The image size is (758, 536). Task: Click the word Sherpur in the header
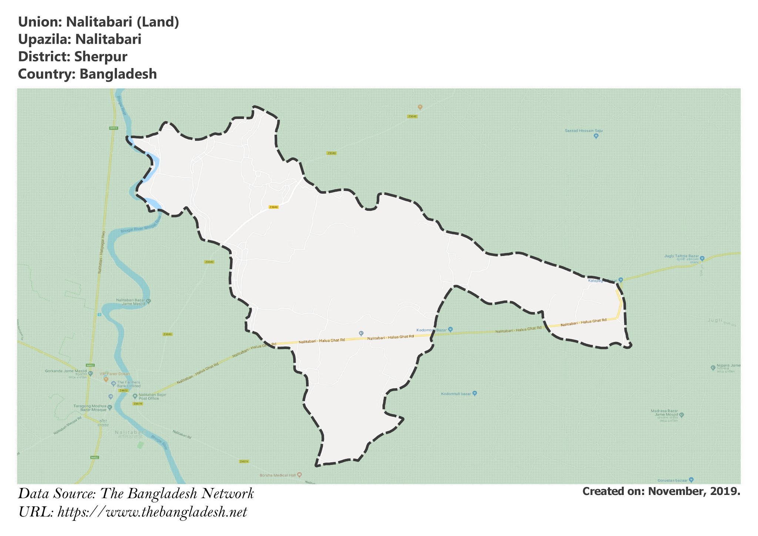[101, 57]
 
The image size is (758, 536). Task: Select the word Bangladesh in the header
[118, 74]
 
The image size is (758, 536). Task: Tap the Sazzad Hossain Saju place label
[581, 131]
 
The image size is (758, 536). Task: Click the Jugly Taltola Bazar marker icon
[702, 258]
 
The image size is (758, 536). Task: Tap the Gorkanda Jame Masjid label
[66, 371]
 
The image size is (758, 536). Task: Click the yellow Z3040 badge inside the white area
[274, 207]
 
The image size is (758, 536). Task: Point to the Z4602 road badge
[123, 390]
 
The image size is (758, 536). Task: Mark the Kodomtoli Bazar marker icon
[450, 329]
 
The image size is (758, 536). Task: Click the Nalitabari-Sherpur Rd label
[67, 426]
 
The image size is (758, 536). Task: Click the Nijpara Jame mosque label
[728, 366]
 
